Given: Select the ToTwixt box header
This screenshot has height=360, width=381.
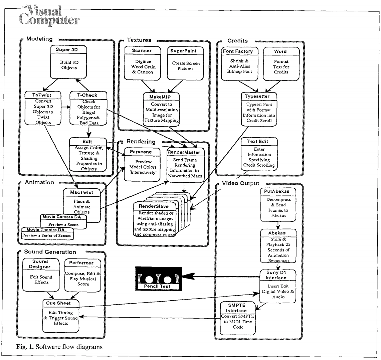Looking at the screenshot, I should pyautogui.click(x=38, y=95).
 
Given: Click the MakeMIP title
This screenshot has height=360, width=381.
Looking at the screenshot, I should pyautogui.click(x=162, y=96).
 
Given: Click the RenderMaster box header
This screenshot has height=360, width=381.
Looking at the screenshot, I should pyautogui.click(x=186, y=152).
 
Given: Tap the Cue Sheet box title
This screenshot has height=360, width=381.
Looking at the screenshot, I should pyautogui.click(x=61, y=303).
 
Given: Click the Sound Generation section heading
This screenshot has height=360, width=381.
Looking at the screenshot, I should pyautogui.click(x=50, y=251).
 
